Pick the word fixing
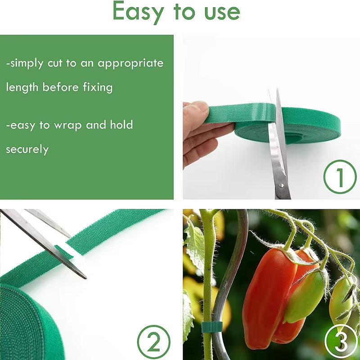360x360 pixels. click(97, 87)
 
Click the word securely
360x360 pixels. click(27, 149)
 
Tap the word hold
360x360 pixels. click(121, 125)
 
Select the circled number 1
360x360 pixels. click(340, 177)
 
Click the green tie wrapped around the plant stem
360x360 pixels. click(209, 326)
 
